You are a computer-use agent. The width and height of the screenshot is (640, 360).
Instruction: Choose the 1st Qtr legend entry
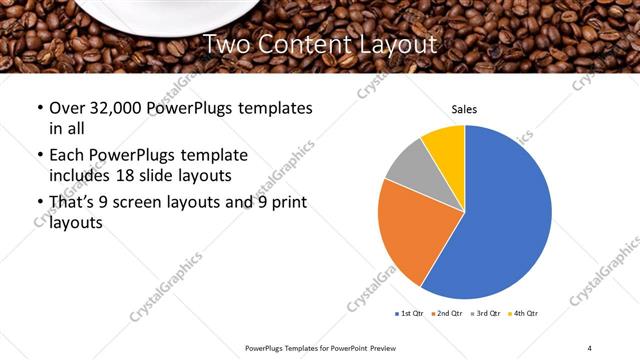[x=410, y=314]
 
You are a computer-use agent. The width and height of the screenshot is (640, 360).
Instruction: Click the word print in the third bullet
[x=288, y=203]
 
